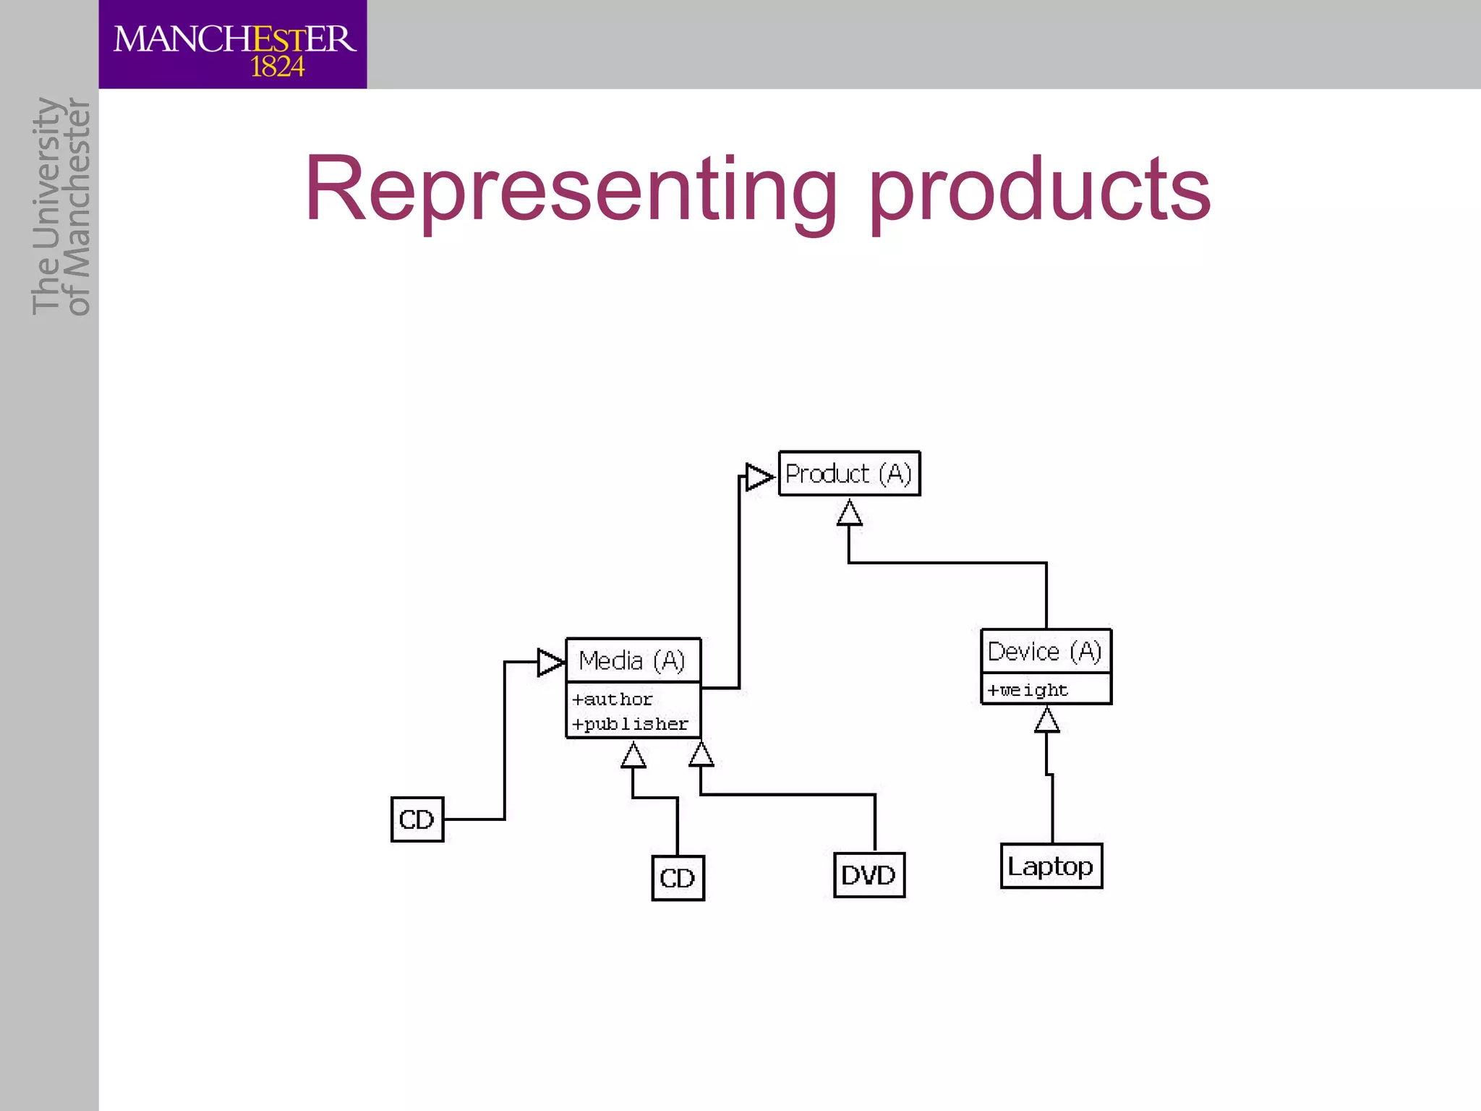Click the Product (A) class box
tap(849, 474)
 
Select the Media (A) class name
tap(632, 660)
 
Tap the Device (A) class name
tap(1045, 652)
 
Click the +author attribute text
tap(613, 699)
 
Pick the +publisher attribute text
tap(630, 724)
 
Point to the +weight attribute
tap(1028, 690)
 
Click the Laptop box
tap(1051, 866)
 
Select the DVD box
tap(868, 875)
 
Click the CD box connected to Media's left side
tap(417, 820)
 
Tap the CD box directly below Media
tap(678, 878)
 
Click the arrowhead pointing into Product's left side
tap(759, 477)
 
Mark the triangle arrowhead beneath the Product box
tap(849, 514)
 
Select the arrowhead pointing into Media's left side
tap(551, 662)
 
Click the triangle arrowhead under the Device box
tap(1046, 720)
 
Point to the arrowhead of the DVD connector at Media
tap(701, 754)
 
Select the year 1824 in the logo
tap(277, 67)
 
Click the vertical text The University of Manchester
tap(61, 206)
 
